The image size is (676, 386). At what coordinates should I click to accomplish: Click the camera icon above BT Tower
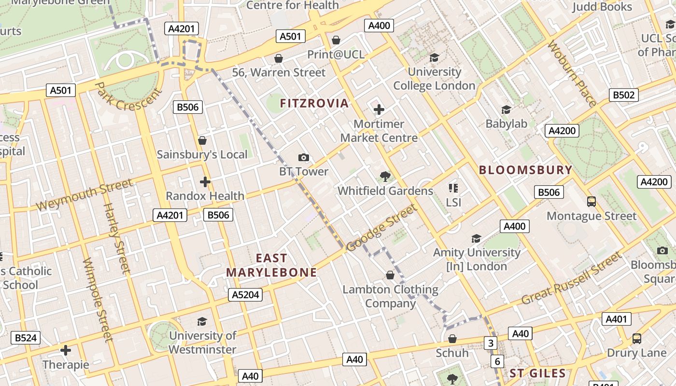click(x=304, y=157)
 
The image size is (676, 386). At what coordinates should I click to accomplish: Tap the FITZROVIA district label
click(x=314, y=103)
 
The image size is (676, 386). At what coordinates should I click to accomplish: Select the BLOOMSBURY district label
click(x=525, y=170)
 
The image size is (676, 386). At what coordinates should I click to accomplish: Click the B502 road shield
click(x=623, y=95)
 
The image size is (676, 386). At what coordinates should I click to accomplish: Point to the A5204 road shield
click(x=245, y=294)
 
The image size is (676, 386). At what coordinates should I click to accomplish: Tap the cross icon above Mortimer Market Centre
click(x=379, y=110)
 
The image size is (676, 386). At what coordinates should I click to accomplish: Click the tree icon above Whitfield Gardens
click(x=385, y=177)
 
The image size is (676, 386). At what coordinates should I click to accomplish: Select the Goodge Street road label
click(x=381, y=228)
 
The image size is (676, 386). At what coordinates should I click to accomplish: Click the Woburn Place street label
click(x=572, y=74)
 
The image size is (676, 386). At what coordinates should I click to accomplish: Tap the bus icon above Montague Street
click(x=591, y=202)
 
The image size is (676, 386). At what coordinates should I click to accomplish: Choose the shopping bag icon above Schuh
click(x=452, y=339)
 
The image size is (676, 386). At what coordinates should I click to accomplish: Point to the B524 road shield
click(x=26, y=338)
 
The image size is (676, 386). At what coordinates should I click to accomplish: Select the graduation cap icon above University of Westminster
click(x=202, y=321)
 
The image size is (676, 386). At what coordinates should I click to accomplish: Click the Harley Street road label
click(x=117, y=238)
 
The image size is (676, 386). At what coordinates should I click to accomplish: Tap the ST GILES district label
click(x=537, y=373)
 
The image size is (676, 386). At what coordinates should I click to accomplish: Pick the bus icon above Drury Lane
click(x=637, y=339)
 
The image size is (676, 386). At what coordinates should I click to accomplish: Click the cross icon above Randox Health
click(x=205, y=182)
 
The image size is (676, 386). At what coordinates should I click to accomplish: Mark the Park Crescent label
click(x=127, y=96)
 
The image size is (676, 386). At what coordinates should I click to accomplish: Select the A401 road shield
click(x=616, y=319)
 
